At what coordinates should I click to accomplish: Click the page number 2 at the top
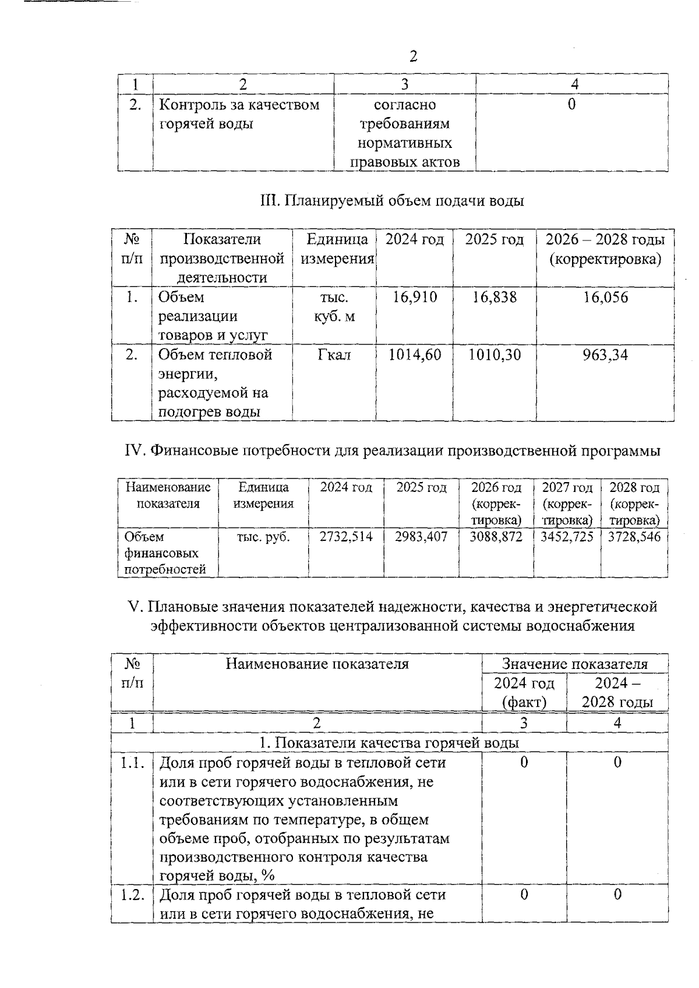(413, 56)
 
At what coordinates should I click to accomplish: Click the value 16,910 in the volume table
(415, 298)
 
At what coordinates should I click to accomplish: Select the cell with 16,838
(495, 298)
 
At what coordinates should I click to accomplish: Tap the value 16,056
(606, 298)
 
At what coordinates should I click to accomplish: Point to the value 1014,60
(415, 355)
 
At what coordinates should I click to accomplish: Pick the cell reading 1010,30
(495, 355)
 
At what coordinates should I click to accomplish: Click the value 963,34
(606, 355)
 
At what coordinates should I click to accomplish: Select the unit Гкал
(334, 355)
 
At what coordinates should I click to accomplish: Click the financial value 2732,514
(346, 537)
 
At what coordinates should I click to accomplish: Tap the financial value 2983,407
(421, 537)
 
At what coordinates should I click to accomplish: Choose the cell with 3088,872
(496, 537)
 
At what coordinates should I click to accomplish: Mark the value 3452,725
(567, 537)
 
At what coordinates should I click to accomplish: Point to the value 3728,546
(634, 537)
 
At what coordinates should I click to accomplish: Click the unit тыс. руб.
(263, 537)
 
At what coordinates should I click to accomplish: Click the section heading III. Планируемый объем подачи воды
(391, 201)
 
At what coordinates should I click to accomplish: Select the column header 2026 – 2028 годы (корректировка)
(605, 249)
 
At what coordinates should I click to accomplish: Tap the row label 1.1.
(132, 763)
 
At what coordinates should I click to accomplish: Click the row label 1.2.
(132, 895)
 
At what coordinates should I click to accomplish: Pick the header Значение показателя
(574, 664)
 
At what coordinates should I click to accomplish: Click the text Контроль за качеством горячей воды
(239, 114)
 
